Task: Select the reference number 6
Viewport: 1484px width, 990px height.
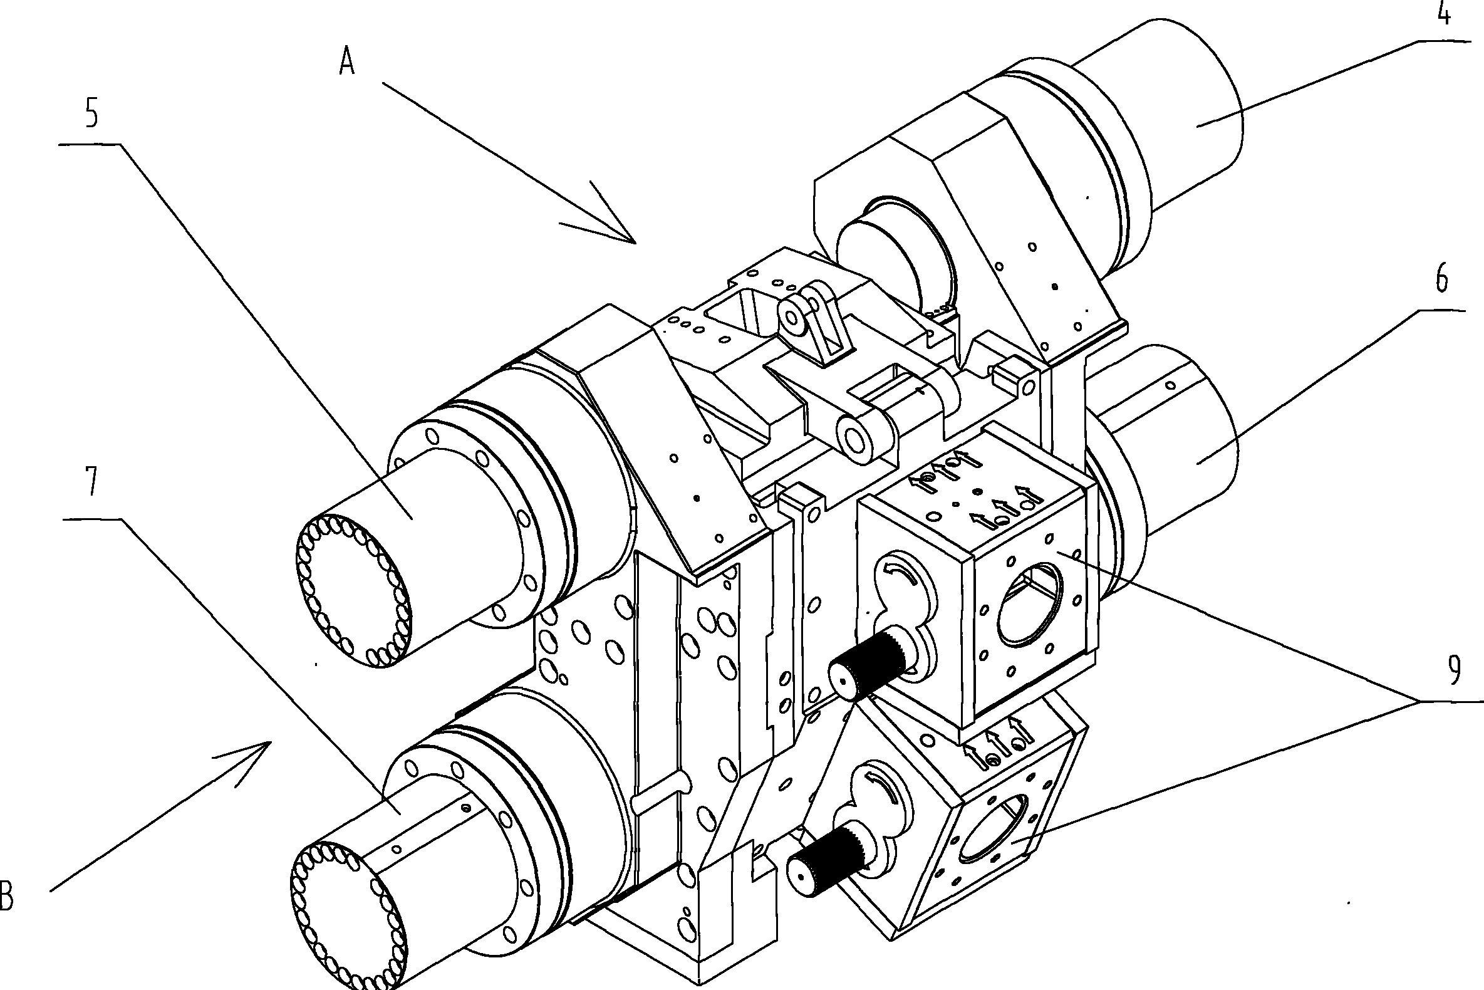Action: pos(1441,279)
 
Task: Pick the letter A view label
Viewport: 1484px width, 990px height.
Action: pos(347,63)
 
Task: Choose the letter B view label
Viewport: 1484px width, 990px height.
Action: pos(6,897)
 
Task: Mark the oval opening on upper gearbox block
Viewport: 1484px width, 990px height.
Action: pos(1029,605)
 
